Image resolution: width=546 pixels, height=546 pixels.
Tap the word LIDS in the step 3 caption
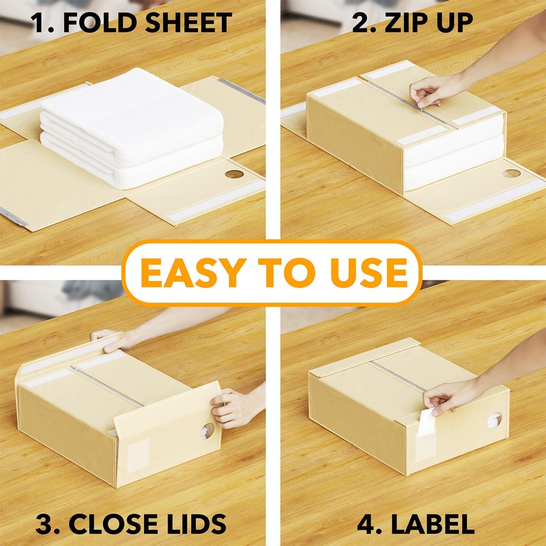(x=197, y=524)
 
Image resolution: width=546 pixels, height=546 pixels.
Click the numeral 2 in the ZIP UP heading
(x=359, y=23)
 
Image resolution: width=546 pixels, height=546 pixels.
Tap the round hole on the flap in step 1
(x=234, y=174)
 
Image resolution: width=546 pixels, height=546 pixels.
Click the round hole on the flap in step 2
(x=511, y=173)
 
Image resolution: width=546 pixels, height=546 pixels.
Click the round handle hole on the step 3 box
(x=206, y=430)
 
